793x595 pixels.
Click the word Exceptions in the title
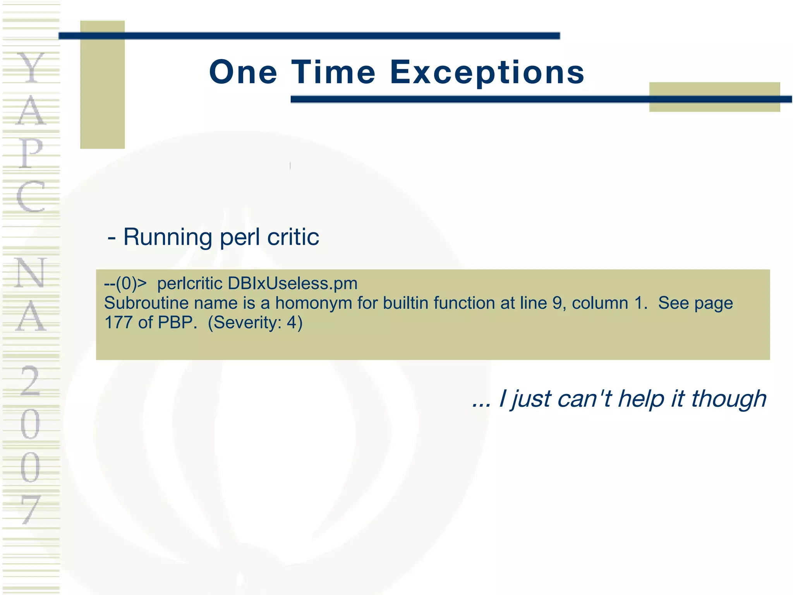pyautogui.click(x=487, y=72)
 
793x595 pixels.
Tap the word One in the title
pyautogui.click(x=243, y=72)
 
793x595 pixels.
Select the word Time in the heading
pyautogui.click(x=333, y=72)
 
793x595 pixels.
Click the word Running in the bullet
pyautogui.click(x=167, y=237)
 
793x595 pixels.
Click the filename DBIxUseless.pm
pyautogui.click(x=292, y=284)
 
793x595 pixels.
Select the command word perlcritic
pyautogui.click(x=190, y=284)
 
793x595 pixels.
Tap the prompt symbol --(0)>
pyautogui.click(x=125, y=284)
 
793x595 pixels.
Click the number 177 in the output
pyautogui.click(x=118, y=322)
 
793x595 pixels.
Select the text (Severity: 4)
pyautogui.click(x=255, y=322)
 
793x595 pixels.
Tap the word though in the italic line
pyautogui.click(x=728, y=399)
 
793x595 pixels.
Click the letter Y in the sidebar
pyautogui.click(x=31, y=68)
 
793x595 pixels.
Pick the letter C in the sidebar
pyautogui.click(x=31, y=196)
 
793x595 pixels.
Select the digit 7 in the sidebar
pyautogui.click(x=31, y=509)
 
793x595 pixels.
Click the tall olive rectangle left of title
pyautogui.click(x=102, y=84)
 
